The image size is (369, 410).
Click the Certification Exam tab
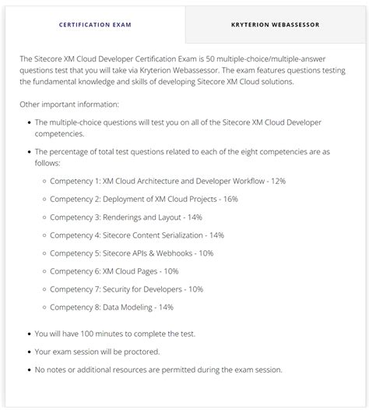pyautogui.click(x=95, y=25)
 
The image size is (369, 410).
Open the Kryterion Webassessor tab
pyautogui.click(x=275, y=25)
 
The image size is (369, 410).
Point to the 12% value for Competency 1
pyautogui.click(x=277, y=181)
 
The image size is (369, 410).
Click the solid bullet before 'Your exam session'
pyautogui.click(x=29, y=352)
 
